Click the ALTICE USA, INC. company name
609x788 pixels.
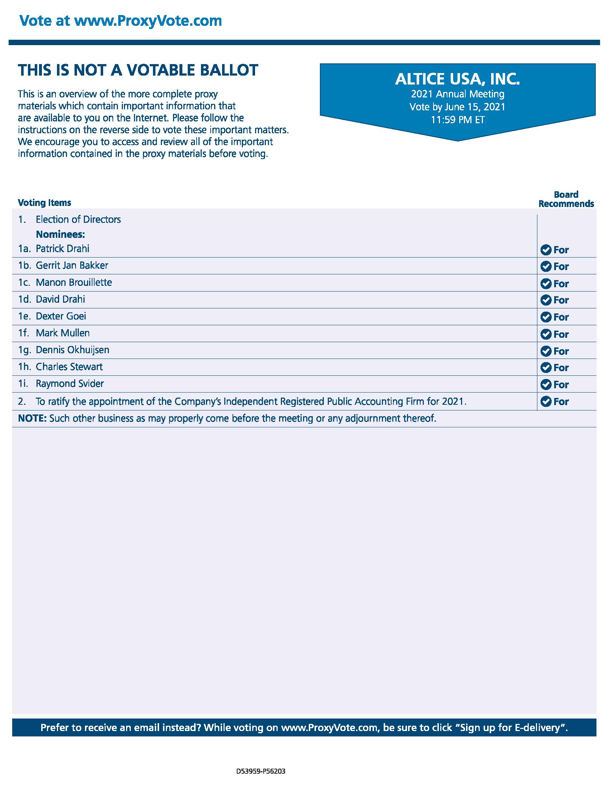(x=457, y=79)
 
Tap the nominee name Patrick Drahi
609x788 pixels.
(x=62, y=249)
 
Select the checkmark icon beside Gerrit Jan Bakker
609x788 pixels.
(x=546, y=266)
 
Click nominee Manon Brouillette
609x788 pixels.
(x=73, y=282)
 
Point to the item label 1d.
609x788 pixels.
(x=24, y=299)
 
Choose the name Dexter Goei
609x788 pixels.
(x=61, y=316)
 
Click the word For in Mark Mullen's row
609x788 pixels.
(x=561, y=334)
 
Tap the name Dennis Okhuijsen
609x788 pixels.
(x=72, y=350)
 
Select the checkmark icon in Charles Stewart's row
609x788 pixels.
(x=546, y=367)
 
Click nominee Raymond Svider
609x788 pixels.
(x=69, y=384)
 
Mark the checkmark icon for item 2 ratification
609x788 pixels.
(x=546, y=401)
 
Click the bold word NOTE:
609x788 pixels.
(x=32, y=418)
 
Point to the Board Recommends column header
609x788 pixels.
(x=566, y=199)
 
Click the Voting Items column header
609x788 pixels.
(x=44, y=203)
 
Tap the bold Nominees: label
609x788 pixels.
(x=60, y=235)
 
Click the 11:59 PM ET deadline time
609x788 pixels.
(x=457, y=120)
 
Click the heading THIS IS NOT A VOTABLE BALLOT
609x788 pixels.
(x=138, y=70)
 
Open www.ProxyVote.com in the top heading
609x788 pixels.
(x=148, y=20)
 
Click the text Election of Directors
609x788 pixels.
(x=78, y=219)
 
